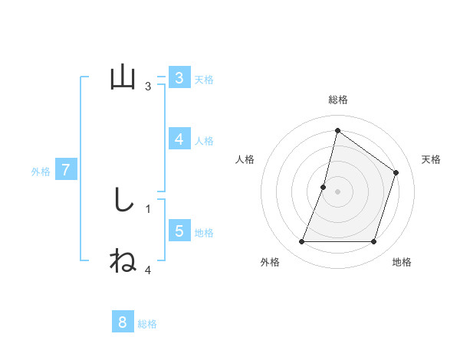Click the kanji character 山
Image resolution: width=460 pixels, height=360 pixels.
point(123,77)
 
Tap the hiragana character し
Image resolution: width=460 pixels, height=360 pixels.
point(123,200)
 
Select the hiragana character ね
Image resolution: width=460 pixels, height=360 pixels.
point(123,260)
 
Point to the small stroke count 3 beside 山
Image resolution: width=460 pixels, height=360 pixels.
point(148,87)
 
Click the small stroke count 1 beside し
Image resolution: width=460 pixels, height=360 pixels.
point(148,208)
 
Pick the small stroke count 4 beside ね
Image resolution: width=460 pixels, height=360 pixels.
point(148,270)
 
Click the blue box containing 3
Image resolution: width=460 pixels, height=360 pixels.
point(179,78)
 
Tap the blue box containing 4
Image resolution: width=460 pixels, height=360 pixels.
point(179,139)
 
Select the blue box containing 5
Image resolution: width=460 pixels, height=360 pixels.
point(179,231)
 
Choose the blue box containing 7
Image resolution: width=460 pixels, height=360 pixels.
point(66,170)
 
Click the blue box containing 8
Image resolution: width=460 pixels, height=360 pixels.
point(123,322)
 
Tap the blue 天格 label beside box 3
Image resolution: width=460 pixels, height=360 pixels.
point(204,79)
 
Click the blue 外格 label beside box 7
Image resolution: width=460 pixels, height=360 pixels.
point(41,172)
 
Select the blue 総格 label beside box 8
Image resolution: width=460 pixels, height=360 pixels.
point(147,324)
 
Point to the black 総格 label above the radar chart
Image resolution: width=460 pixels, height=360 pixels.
point(337,100)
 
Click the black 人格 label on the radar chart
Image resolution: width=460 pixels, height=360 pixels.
point(245,159)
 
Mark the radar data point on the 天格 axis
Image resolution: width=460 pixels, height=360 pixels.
point(396,172)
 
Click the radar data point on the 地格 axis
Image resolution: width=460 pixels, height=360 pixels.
point(373,242)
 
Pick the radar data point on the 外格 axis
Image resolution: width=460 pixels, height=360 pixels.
point(301,242)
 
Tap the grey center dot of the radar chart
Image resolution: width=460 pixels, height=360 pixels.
point(337,191)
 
